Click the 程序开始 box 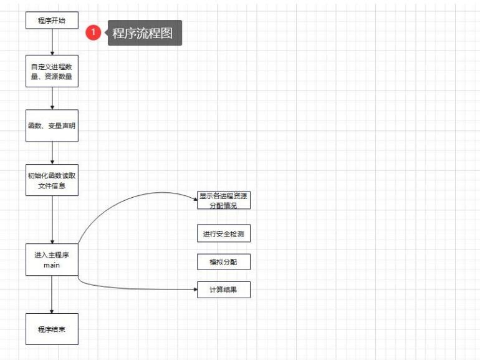(x=52, y=20)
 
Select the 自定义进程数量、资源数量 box (x=52, y=71)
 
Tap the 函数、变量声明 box (x=52, y=125)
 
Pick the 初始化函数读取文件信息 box (x=52, y=180)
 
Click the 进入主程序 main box (x=52, y=259)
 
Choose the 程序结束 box (x=52, y=329)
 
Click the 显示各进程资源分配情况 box (x=224, y=200)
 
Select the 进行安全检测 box (x=224, y=234)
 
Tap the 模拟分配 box (x=224, y=262)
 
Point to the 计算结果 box (x=224, y=289)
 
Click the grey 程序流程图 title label (x=144, y=33)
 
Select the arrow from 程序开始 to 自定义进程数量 (x=52, y=42)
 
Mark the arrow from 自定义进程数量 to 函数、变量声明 (x=52, y=99)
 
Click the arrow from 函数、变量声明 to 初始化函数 (x=52, y=153)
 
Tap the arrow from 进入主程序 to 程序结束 (x=52, y=294)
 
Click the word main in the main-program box (x=52, y=265)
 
